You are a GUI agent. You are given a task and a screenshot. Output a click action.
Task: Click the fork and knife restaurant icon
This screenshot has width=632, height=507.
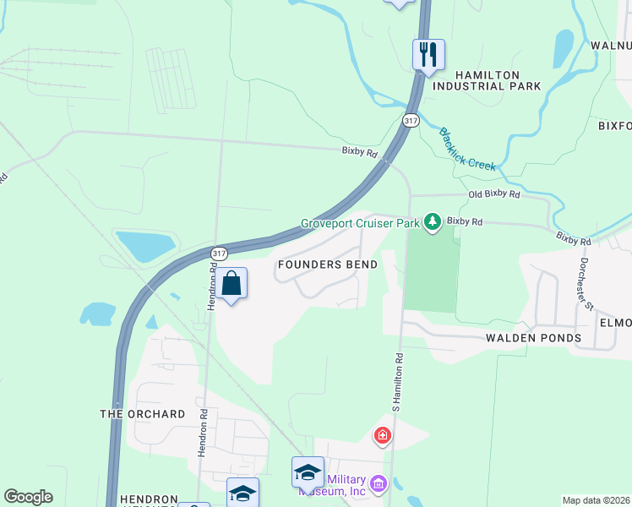tap(428, 55)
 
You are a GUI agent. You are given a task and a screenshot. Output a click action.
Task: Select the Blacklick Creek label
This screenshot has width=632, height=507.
tap(466, 150)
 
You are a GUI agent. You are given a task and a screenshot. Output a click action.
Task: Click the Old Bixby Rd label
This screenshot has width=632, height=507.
tap(494, 194)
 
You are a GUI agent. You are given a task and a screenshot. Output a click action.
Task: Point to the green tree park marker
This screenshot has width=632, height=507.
tap(433, 222)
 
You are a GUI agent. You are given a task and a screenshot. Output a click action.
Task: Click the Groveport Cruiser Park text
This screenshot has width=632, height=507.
tap(361, 224)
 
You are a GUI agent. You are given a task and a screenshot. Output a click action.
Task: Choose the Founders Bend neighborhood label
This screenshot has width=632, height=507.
tap(328, 264)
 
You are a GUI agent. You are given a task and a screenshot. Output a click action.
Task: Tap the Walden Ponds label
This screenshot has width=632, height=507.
tap(533, 338)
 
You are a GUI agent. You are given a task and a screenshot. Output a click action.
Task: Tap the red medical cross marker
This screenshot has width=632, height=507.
tap(383, 436)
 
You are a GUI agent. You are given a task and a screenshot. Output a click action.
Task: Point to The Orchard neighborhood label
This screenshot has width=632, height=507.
tap(143, 414)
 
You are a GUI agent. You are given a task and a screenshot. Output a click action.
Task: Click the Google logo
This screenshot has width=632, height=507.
tap(28, 497)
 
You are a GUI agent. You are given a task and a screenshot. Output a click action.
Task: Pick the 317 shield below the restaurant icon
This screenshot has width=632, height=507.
tap(411, 121)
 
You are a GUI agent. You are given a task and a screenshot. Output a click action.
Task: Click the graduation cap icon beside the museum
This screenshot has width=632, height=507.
tap(308, 472)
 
